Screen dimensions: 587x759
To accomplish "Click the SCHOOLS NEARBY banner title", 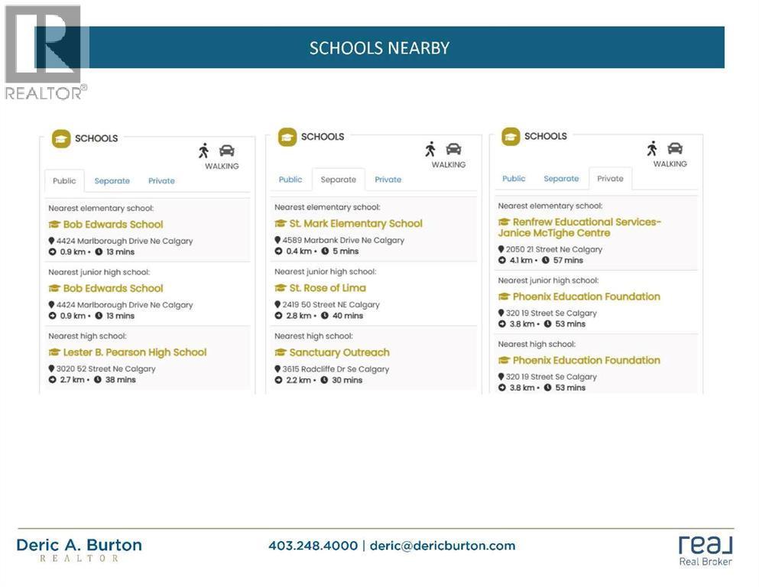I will tap(379, 47).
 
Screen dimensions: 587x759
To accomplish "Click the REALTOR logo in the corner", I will tap(44, 52).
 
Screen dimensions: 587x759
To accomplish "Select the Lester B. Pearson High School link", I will tap(135, 352).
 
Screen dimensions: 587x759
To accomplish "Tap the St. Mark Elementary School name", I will tap(355, 223).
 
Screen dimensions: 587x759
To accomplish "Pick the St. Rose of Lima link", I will tap(327, 287).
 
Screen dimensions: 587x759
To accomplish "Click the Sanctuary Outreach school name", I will tap(339, 352).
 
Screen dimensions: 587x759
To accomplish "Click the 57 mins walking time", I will tap(568, 260).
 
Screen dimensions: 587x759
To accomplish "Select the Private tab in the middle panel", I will tap(388, 180).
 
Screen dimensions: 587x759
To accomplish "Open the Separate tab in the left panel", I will tap(112, 181).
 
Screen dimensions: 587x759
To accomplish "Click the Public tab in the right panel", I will tap(514, 179).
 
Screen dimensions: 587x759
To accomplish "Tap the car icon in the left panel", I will tap(227, 151).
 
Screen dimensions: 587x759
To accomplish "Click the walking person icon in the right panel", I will tap(652, 148).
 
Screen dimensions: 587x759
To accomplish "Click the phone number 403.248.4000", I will tap(313, 546).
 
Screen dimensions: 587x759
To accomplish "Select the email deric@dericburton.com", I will tap(443, 546).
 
